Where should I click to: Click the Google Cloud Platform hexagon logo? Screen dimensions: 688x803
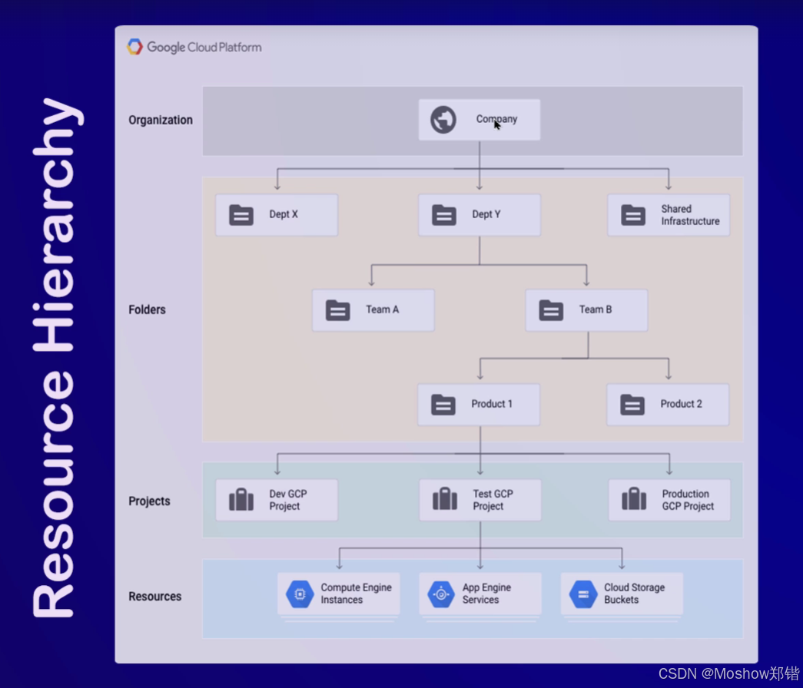(x=135, y=47)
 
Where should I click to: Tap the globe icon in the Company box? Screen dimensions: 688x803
(x=443, y=120)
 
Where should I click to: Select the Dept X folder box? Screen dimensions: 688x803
(x=277, y=215)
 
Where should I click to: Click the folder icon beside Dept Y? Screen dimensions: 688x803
(x=444, y=215)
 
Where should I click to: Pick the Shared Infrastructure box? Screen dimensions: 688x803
(x=669, y=215)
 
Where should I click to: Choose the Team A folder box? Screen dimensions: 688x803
(x=373, y=310)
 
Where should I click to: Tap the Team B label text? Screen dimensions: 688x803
(x=596, y=309)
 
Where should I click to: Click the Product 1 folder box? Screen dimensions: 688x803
(x=479, y=405)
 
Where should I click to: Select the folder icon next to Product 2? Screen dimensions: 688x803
(x=632, y=405)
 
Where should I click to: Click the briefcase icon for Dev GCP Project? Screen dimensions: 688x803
(x=241, y=501)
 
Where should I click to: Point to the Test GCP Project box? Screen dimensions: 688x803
(x=480, y=501)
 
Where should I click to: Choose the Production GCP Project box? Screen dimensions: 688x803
(x=669, y=501)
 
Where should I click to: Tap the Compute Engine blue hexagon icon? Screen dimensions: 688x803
(x=300, y=594)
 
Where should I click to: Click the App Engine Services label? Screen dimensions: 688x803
(x=486, y=594)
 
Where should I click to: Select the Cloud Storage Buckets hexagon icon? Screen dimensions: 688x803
(x=583, y=594)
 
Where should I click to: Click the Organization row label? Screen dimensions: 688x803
(x=161, y=120)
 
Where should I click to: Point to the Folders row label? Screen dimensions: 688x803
(x=148, y=310)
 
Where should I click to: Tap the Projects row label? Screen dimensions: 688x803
(x=150, y=501)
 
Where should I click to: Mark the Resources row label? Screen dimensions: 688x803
(x=155, y=597)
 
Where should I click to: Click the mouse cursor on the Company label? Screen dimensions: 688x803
(x=497, y=124)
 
